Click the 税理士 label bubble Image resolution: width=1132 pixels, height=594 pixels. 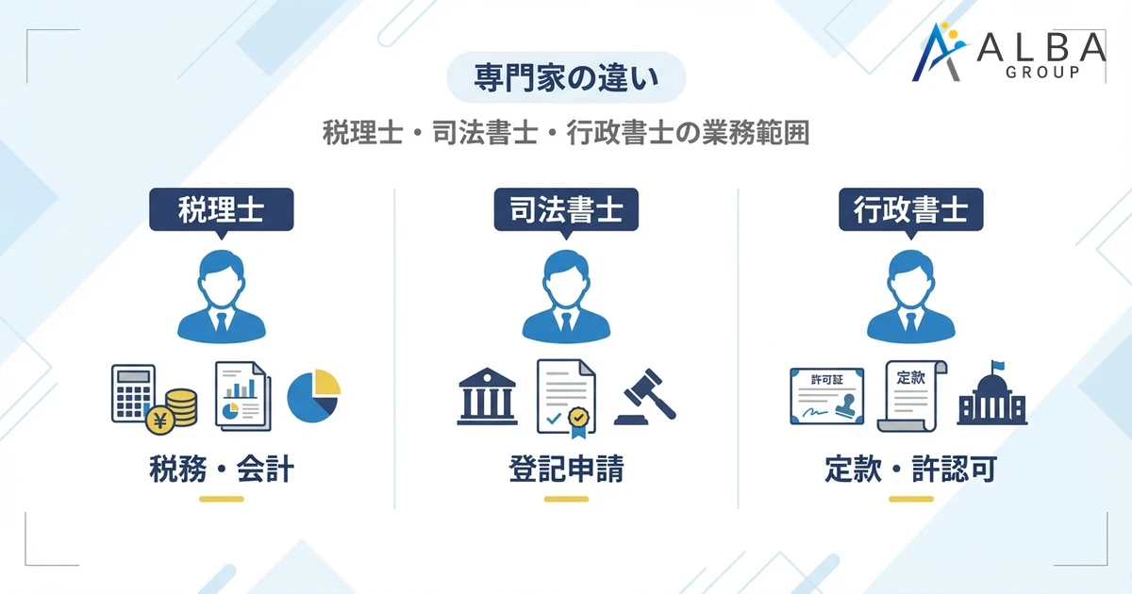[x=222, y=210]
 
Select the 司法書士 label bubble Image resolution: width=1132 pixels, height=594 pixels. [x=566, y=210]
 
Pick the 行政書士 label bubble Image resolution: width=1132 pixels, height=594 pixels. [x=910, y=210]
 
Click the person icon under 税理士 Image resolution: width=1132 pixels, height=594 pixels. [x=222, y=294]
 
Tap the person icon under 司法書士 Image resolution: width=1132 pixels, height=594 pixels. [x=566, y=294]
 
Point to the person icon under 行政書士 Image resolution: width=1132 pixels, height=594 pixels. [x=910, y=294]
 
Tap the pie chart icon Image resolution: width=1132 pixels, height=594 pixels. [x=313, y=395]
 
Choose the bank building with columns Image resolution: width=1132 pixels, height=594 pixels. [x=487, y=396]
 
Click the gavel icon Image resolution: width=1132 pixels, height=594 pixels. [x=646, y=396]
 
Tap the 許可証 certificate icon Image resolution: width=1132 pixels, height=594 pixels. [x=827, y=397]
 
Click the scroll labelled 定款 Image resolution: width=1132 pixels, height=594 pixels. [x=912, y=395]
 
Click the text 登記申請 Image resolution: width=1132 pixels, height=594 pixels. [x=566, y=470]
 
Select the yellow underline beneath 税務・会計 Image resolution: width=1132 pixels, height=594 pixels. [x=222, y=499]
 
